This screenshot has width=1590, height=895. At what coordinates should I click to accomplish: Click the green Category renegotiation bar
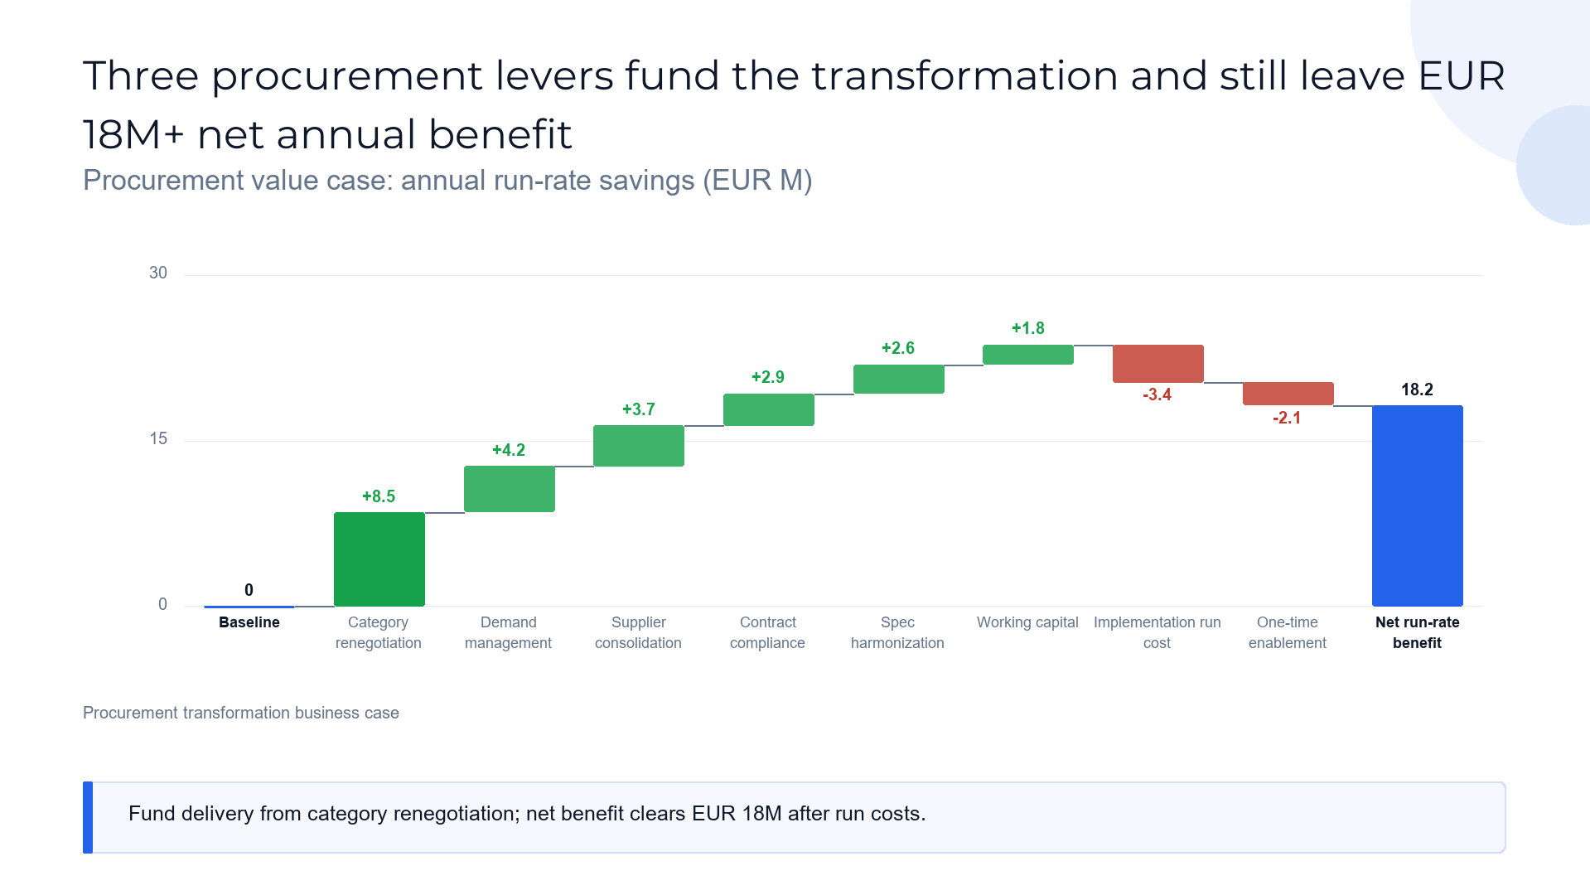click(379, 559)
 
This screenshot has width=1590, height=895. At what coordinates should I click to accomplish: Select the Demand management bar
click(509, 489)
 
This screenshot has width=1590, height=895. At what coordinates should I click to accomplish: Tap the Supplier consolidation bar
click(639, 446)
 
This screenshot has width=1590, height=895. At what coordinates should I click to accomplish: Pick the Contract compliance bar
click(769, 409)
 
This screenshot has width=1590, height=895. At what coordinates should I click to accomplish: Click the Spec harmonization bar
click(899, 379)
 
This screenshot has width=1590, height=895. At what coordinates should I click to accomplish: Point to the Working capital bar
click(1028, 355)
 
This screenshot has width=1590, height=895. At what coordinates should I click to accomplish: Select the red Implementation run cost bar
click(1158, 364)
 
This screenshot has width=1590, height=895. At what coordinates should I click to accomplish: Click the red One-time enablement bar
click(1288, 394)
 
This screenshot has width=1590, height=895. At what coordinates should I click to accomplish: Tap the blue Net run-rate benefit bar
click(1418, 506)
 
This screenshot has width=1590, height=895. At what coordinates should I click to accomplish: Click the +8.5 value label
click(379, 496)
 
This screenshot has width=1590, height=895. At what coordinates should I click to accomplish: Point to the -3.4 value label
click(1157, 394)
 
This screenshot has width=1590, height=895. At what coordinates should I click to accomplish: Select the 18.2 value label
click(1417, 389)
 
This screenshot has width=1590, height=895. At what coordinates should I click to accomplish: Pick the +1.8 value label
click(1028, 328)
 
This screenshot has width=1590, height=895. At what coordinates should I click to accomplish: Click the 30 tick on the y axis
click(158, 273)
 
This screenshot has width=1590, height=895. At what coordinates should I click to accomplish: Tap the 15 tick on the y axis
click(158, 438)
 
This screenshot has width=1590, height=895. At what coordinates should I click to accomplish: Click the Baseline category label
click(249, 622)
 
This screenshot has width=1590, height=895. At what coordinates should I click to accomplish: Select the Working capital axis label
click(1027, 622)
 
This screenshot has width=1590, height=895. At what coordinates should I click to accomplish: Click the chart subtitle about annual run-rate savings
click(447, 180)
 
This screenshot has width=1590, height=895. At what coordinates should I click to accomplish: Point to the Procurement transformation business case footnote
click(241, 713)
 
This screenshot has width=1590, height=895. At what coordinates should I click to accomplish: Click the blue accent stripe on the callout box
click(88, 817)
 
